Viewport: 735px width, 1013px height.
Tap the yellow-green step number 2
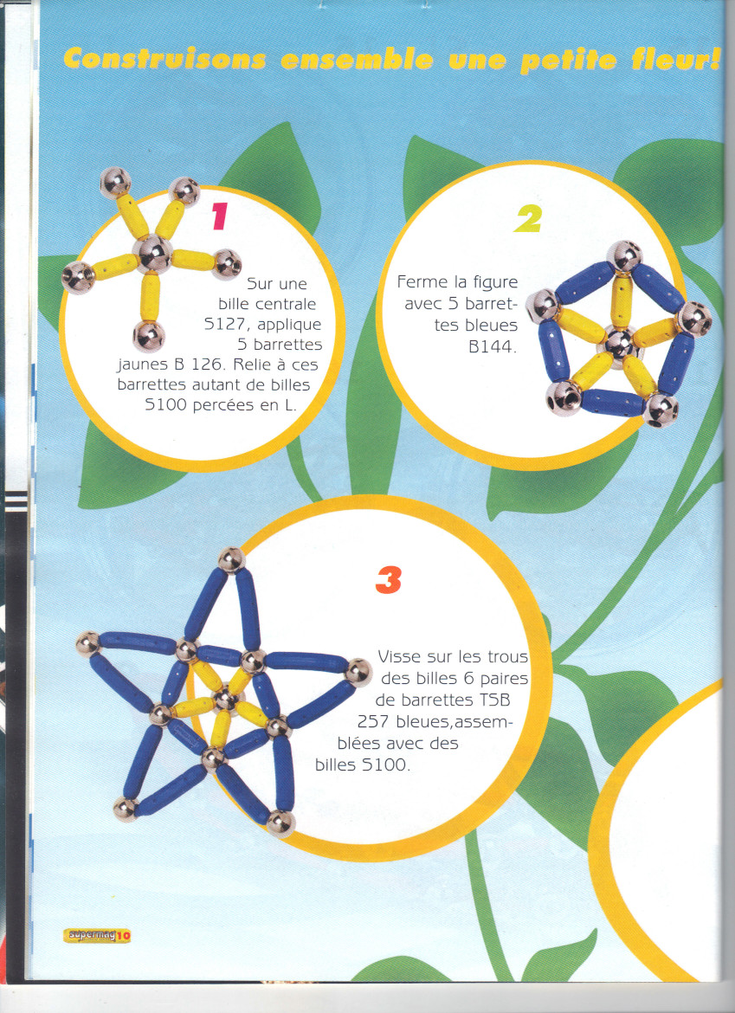pos(528,220)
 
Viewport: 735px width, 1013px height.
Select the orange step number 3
pos(388,579)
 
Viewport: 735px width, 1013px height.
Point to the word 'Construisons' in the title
pos(164,60)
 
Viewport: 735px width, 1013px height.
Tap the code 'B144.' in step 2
pos(492,346)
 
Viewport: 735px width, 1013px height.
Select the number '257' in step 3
pos(372,721)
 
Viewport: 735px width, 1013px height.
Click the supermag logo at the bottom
pos(98,935)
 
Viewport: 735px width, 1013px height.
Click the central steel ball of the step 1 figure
pos(152,254)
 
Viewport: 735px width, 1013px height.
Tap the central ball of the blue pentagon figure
pos(619,342)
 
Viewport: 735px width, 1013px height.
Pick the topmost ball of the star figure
pos(231,559)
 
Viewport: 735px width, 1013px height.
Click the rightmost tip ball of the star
pos(358,672)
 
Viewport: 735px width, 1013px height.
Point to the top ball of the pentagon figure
pos(624,255)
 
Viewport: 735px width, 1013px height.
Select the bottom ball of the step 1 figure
pos(149,337)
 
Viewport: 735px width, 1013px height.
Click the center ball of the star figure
pos(225,699)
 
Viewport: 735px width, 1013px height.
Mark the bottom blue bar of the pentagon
pos(613,403)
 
